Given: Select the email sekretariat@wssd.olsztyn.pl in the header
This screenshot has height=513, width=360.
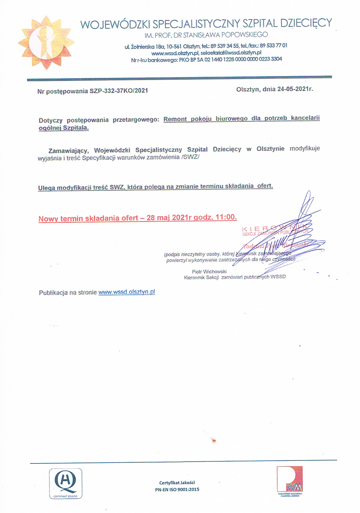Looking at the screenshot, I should (231, 53).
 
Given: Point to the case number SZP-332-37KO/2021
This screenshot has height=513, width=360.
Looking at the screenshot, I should (119, 91).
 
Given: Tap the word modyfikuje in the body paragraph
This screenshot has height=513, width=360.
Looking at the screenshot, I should (304, 148).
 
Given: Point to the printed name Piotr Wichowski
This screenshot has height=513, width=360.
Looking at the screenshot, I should (209, 271).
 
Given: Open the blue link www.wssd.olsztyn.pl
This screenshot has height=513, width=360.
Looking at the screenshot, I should (127, 292).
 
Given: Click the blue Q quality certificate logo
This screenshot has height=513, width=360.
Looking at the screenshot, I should (65, 483).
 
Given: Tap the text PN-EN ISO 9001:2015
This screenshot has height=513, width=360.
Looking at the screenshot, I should (177, 489).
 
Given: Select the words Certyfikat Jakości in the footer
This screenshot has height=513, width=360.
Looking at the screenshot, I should (177, 483).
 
